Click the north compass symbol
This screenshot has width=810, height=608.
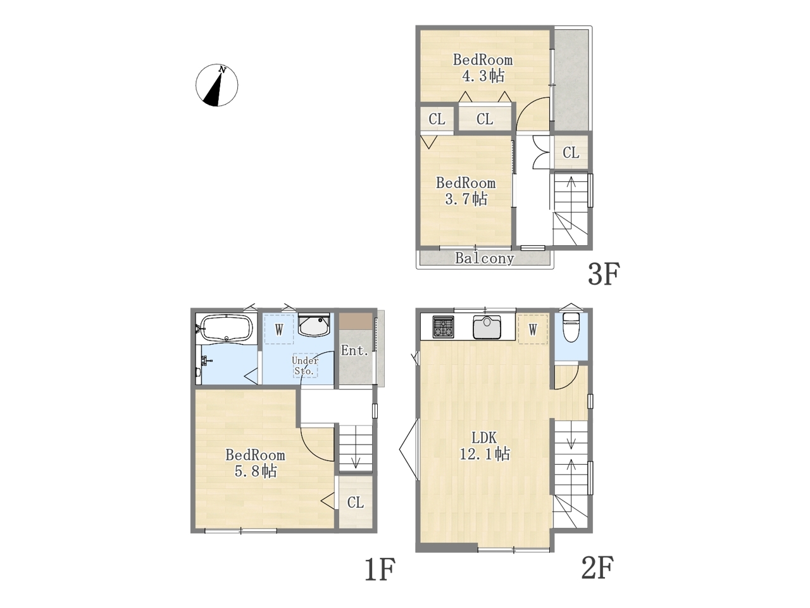(216, 85)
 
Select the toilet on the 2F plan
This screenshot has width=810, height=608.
(571, 327)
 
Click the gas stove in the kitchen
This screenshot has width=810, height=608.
(443, 327)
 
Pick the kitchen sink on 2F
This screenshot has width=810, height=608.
(487, 327)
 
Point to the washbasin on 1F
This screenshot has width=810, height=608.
(314, 325)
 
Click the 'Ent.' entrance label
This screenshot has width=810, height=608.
(354, 350)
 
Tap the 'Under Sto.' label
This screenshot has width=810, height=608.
(305, 365)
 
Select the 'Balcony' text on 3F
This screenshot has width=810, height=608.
(484, 258)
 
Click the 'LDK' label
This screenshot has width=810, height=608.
(484, 438)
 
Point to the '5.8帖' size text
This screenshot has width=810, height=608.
(256, 471)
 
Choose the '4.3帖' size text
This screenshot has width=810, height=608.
(483, 76)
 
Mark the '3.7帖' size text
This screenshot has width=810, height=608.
(466, 199)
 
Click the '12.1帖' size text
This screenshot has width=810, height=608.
(485, 453)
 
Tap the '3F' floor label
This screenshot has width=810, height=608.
(604, 274)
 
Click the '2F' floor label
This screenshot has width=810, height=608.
(597, 567)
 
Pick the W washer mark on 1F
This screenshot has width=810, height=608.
(279, 329)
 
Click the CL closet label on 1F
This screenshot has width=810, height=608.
(356, 502)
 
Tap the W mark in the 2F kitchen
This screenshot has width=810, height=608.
(533, 330)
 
